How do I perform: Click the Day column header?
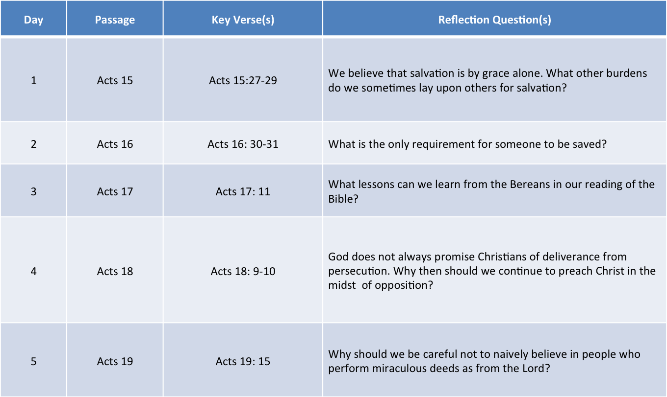click(34, 20)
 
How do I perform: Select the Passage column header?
click(115, 20)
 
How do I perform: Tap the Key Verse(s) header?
click(243, 20)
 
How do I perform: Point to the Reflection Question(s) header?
click(494, 20)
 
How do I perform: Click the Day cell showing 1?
click(34, 81)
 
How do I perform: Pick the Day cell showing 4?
click(34, 271)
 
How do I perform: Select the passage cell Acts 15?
click(115, 81)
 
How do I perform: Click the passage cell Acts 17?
click(115, 192)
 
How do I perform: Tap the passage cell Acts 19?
click(115, 361)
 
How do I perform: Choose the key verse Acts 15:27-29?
click(243, 81)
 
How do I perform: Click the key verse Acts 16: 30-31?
click(243, 144)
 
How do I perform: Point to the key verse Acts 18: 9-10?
click(243, 271)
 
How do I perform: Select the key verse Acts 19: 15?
click(243, 361)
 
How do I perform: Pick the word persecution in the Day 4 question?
click(359, 271)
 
